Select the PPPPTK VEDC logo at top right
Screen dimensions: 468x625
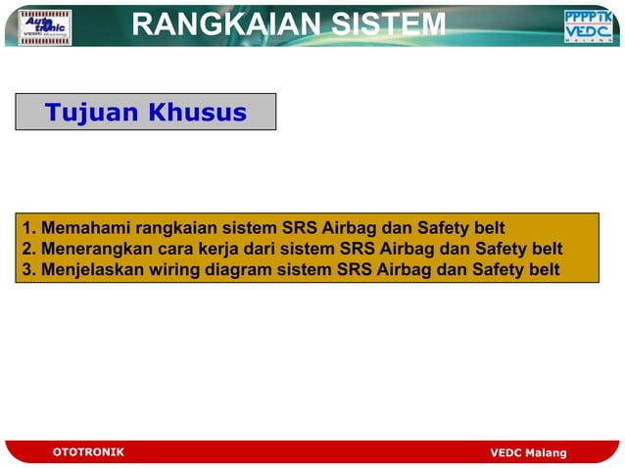point(588,26)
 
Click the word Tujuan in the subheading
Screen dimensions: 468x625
point(91,113)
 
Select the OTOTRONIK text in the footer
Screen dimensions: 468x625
point(88,452)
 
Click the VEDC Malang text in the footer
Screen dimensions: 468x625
point(528,452)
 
